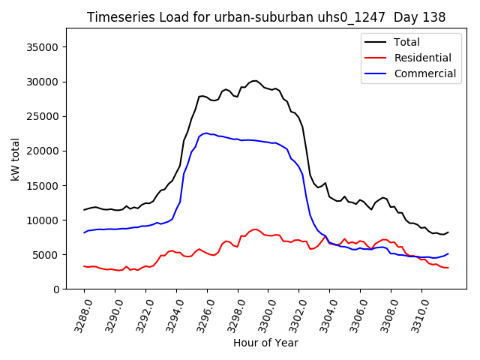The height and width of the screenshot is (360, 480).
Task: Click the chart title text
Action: [266, 17]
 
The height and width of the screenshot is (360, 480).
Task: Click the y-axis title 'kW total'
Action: [16, 158]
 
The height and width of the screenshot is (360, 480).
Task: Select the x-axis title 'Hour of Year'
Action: [265, 343]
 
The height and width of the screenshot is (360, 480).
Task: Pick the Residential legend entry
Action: [422, 58]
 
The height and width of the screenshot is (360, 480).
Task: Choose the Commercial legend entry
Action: [424, 73]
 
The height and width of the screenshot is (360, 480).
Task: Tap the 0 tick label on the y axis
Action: [56, 289]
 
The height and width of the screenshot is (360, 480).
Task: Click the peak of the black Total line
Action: [255, 80]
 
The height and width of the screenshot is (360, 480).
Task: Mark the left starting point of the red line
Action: [84, 266]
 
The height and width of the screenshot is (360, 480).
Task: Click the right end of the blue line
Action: [448, 253]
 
